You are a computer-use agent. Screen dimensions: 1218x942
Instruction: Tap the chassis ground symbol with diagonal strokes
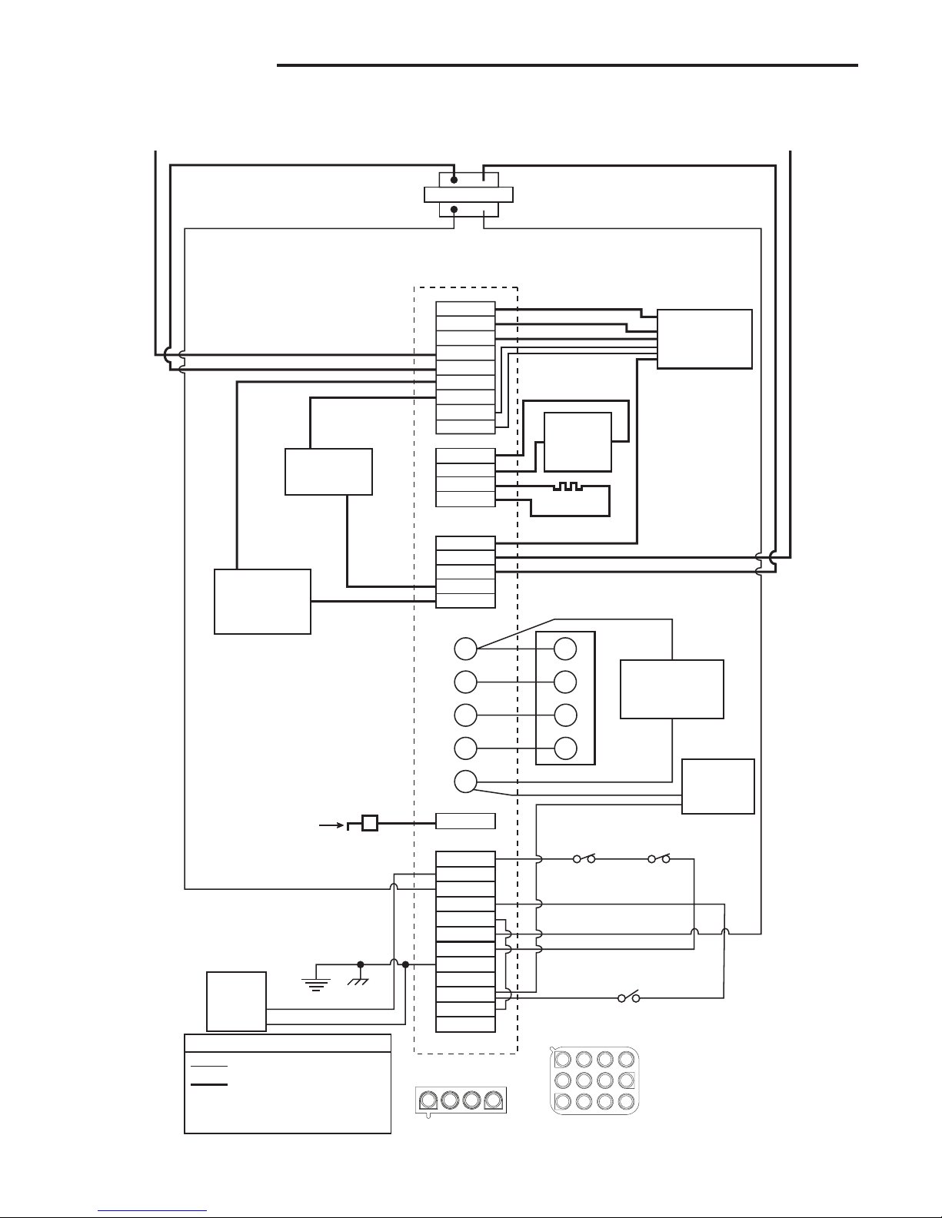click(x=359, y=981)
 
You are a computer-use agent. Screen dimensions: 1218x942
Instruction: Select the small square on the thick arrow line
click(x=370, y=823)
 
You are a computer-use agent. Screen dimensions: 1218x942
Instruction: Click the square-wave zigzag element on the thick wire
click(x=569, y=487)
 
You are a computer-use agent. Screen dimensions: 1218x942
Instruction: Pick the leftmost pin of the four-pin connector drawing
click(x=428, y=1100)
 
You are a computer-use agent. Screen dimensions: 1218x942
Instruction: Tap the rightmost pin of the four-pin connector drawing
click(x=492, y=1100)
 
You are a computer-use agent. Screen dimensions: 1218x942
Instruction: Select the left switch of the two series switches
click(x=584, y=859)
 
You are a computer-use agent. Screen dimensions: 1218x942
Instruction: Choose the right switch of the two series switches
click(x=659, y=859)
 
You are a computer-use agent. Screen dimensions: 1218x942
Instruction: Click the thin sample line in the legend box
click(x=209, y=1067)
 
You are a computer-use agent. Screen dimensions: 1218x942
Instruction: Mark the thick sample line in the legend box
click(x=209, y=1085)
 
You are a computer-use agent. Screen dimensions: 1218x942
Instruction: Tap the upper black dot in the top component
click(x=454, y=180)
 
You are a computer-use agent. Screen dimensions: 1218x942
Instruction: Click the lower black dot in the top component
click(x=454, y=209)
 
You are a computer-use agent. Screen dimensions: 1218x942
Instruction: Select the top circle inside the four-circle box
click(x=565, y=649)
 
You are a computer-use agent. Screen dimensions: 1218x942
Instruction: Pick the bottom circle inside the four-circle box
click(x=565, y=747)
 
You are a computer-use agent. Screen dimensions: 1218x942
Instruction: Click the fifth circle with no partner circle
click(x=464, y=781)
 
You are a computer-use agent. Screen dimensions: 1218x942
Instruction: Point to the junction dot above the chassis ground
click(x=360, y=964)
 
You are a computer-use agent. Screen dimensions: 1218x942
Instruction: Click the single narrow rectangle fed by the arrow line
click(x=465, y=821)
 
